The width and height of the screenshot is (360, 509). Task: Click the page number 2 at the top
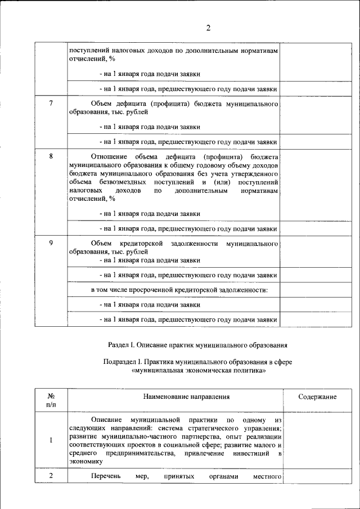[x=208, y=28]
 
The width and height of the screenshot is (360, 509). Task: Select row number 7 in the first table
[x=51, y=104]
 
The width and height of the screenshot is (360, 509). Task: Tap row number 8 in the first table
[x=51, y=156]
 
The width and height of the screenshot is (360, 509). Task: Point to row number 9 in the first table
[x=51, y=243]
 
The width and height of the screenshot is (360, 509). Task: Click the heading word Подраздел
[x=121, y=362]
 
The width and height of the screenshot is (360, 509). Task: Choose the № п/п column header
[x=51, y=400]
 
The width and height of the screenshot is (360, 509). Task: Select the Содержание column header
[x=317, y=397]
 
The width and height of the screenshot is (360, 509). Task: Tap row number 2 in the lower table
[x=51, y=476]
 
